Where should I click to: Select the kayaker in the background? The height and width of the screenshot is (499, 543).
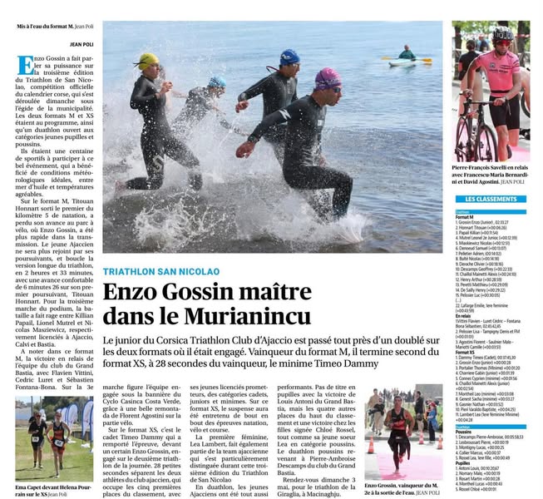[x=406, y=54]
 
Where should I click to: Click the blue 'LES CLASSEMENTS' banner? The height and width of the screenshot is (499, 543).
[x=491, y=200]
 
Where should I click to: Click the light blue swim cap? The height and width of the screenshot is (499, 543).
[x=217, y=82]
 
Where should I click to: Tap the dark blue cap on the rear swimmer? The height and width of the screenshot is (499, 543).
[x=289, y=57]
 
